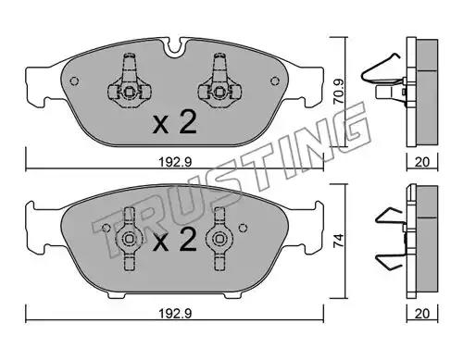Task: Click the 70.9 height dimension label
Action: (339, 92)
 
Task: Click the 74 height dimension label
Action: (339, 241)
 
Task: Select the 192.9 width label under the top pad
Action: (175, 162)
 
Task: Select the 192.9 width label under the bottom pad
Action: (175, 314)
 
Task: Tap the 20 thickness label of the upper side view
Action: (422, 162)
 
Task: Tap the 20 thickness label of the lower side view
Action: (422, 314)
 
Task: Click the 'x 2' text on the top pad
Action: (175, 123)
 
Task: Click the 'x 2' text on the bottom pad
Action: (175, 240)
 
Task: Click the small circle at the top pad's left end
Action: (74, 81)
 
